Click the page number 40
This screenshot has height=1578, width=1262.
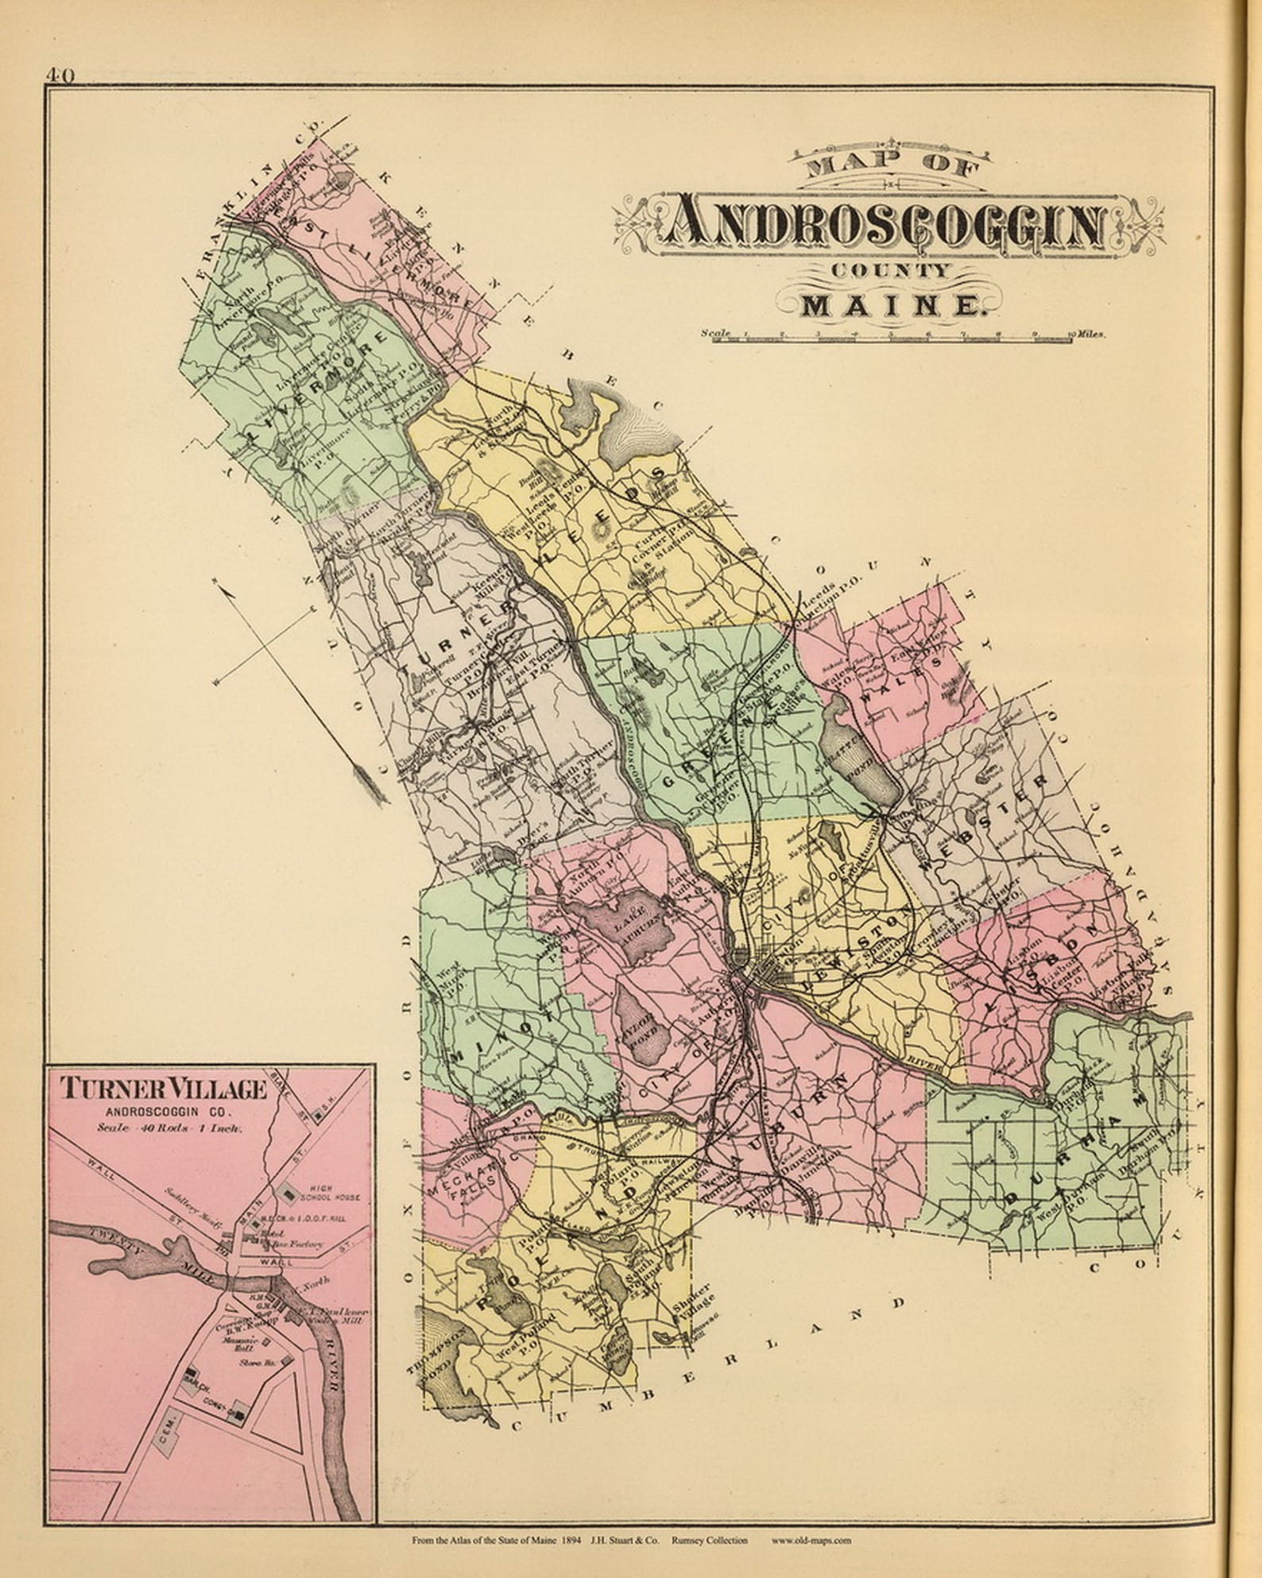(x=60, y=75)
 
